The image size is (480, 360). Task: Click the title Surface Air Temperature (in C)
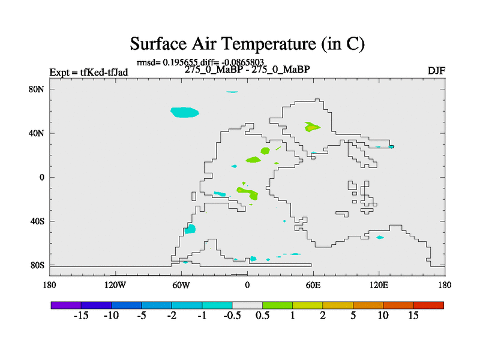(247, 44)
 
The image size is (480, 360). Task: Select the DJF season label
(436, 71)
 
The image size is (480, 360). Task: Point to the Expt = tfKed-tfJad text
(89, 72)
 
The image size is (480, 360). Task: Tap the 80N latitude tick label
(37, 89)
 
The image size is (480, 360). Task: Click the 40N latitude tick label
(37, 133)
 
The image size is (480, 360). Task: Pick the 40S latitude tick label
(37, 221)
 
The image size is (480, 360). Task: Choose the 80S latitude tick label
(37, 265)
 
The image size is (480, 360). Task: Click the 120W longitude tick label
(115, 286)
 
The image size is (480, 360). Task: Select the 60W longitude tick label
(181, 286)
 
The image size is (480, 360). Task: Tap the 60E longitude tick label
(313, 286)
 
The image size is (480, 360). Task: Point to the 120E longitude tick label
(379, 286)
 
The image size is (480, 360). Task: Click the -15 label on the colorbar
(81, 316)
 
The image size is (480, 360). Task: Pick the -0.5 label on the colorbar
(232, 316)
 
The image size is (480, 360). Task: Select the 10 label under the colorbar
(383, 316)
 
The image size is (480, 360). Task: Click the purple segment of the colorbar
(66, 305)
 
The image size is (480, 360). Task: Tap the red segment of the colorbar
(428, 305)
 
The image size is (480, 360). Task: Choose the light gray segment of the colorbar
(247, 305)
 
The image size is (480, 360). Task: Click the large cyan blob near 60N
(185, 112)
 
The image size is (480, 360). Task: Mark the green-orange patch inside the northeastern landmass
(312, 127)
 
